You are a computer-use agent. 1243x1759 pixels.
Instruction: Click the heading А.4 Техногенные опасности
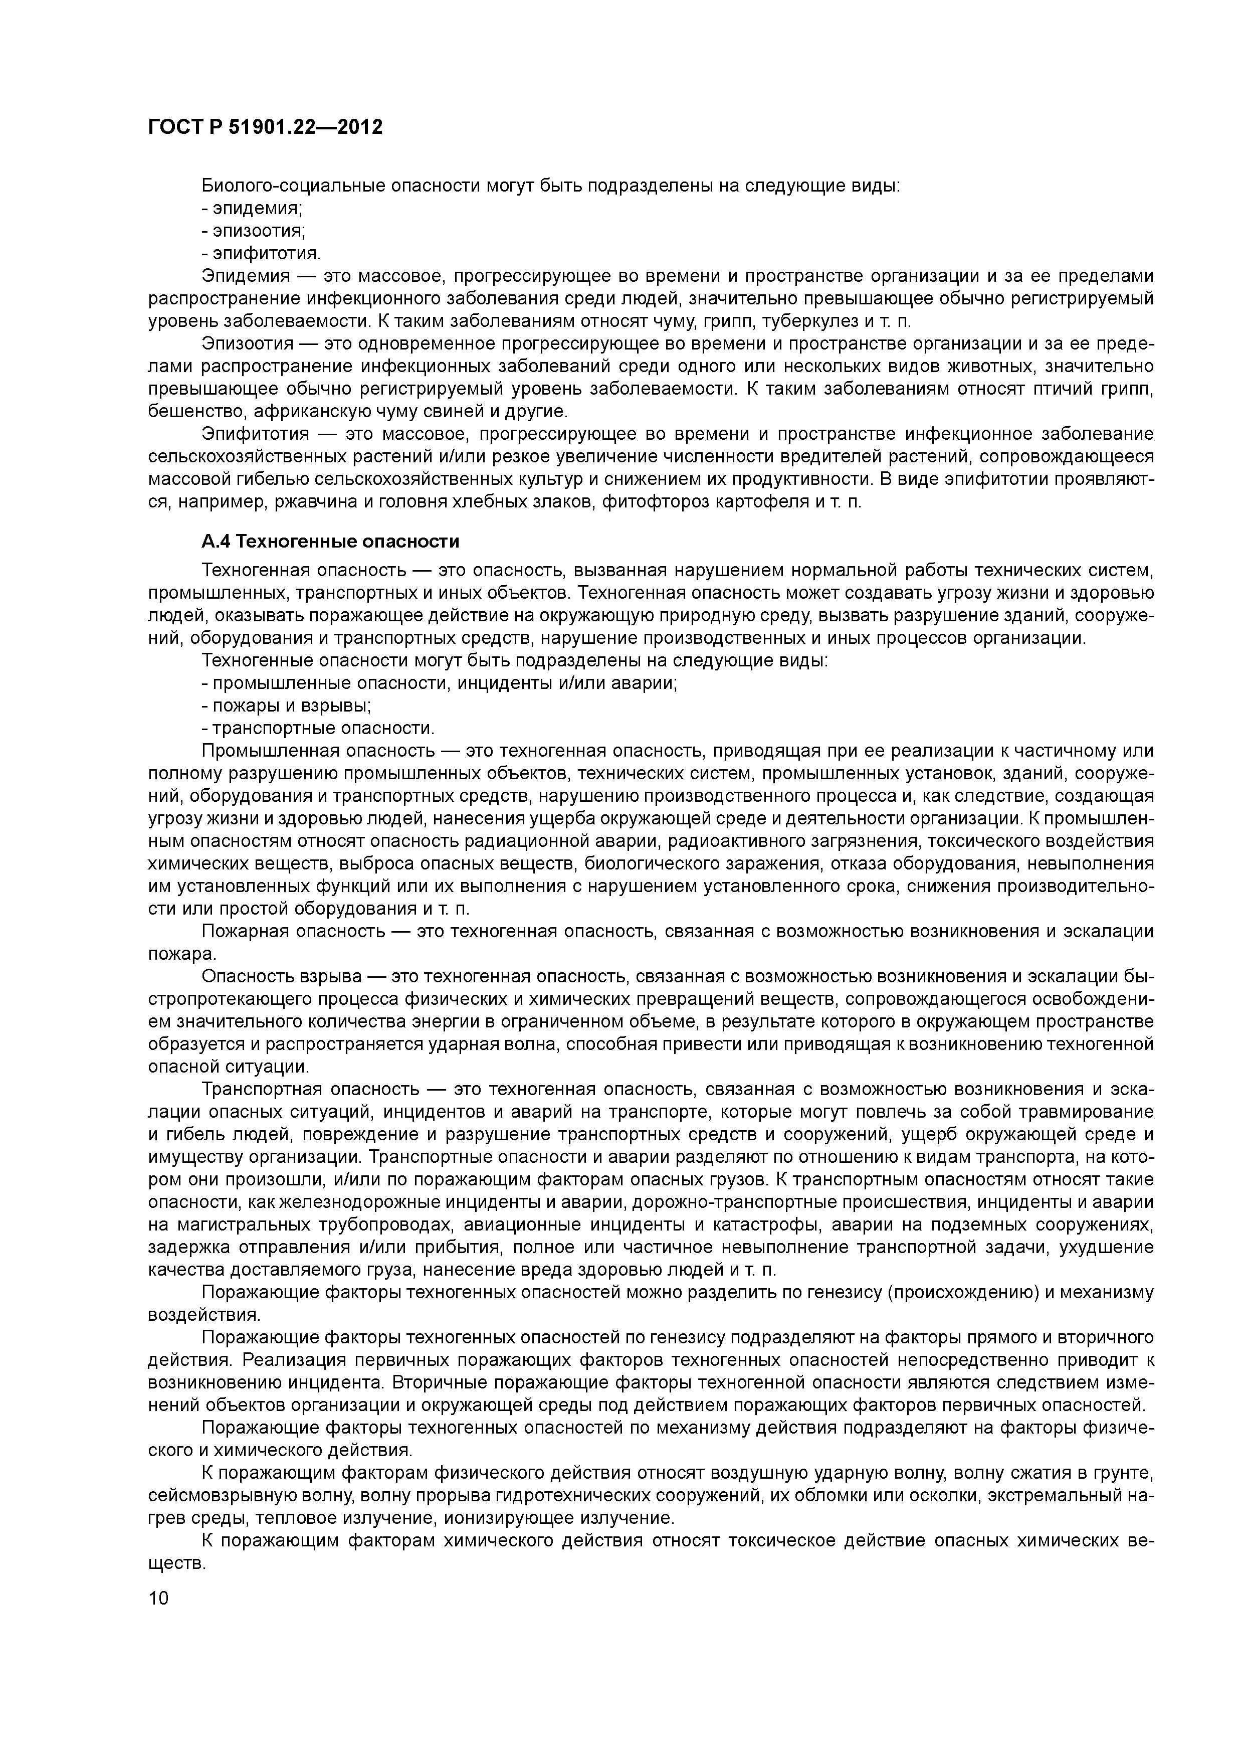point(330,542)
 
